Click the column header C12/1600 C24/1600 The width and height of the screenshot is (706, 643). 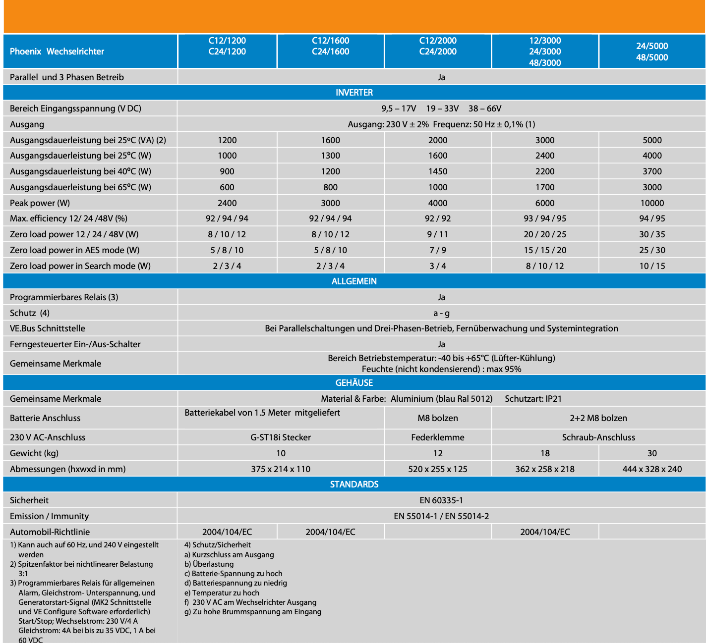330,46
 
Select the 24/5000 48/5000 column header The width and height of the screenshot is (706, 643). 652,52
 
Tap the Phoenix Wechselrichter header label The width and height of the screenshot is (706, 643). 57,52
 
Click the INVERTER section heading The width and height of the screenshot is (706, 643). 354,93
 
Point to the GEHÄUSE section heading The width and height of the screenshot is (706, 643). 354,383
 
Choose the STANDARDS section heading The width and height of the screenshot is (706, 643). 354,484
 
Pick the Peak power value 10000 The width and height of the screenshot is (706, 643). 652,203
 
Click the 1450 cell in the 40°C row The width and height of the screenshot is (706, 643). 438,171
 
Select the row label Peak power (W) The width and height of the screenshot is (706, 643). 40,203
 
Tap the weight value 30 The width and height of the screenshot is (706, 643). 652,453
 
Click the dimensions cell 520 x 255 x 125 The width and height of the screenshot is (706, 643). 438,469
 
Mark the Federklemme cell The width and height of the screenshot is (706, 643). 438,437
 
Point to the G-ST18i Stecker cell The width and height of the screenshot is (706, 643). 281,437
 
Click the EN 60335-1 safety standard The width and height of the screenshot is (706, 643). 441,500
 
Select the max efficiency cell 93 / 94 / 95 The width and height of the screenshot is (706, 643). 545,218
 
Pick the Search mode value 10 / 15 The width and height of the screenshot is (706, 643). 652,266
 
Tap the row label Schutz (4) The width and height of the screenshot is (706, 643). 30,313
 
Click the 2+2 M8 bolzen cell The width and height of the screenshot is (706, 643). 598,418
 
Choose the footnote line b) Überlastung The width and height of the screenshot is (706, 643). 209,564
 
